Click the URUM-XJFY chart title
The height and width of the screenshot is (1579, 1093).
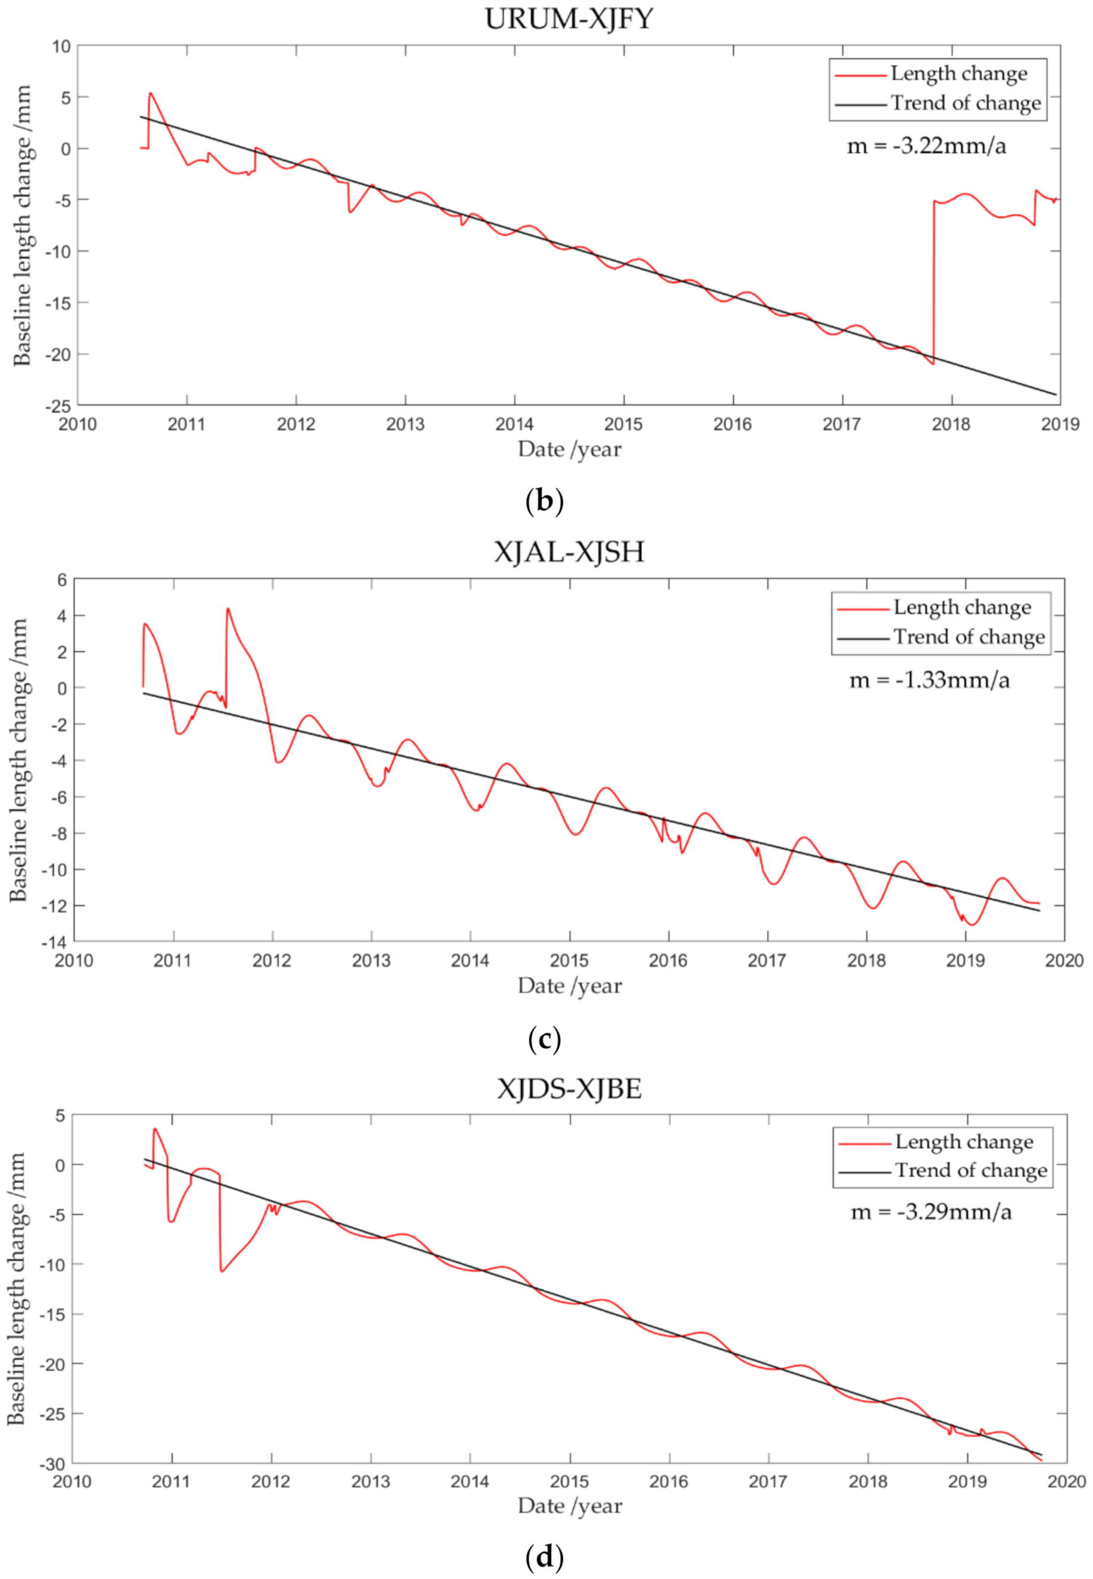[x=569, y=18]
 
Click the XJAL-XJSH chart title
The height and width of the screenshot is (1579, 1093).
[x=569, y=552]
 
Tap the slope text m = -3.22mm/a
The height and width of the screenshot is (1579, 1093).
[x=926, y=146]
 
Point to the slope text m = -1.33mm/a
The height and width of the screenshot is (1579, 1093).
[x=929, y=679]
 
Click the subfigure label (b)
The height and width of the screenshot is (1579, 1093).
[x=545, y=501]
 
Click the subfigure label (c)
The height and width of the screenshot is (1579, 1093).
[x=545, y=1039]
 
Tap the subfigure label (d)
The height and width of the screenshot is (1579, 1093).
[x=545, y=1557]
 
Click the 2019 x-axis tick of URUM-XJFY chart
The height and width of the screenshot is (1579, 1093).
[x=1060, y=424]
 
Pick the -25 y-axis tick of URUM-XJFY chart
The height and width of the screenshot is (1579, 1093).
[x=58, y=406]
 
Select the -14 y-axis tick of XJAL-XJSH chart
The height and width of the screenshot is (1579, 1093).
[x=54, y=942]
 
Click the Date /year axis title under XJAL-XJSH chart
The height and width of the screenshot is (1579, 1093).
[x=569, y=986]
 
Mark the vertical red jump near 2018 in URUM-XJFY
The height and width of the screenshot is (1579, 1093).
[x=934, y=281]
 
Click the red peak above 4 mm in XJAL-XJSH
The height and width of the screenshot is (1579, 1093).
[x=228, y=609]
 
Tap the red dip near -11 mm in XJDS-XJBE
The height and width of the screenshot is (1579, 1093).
[x=222, y=1271]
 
